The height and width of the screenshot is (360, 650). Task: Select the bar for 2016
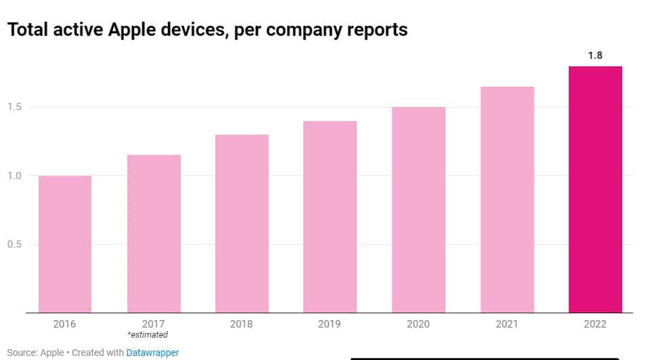point(65,244)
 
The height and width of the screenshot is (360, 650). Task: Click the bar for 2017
point(154,234)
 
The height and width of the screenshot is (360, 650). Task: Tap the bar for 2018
point(242,223)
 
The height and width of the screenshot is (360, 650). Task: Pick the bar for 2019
point(330,217)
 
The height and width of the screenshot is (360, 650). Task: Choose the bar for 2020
point(418,210)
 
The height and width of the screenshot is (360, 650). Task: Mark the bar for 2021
point(507,200)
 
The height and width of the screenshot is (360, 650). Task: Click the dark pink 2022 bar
point(595,189)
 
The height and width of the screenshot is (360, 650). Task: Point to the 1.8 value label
point(595,55)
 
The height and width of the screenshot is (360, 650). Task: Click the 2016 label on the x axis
point(65,324)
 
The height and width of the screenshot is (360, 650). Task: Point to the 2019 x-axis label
point(330,324)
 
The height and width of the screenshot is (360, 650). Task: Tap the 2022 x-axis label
point(595,324)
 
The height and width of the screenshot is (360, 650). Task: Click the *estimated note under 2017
point(148,335)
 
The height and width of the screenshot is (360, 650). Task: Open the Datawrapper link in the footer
point(152,353)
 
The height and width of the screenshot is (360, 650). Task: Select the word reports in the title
point(375,30)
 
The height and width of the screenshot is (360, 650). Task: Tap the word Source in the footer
point(22,353)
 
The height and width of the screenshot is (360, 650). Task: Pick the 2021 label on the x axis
point(507,324)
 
